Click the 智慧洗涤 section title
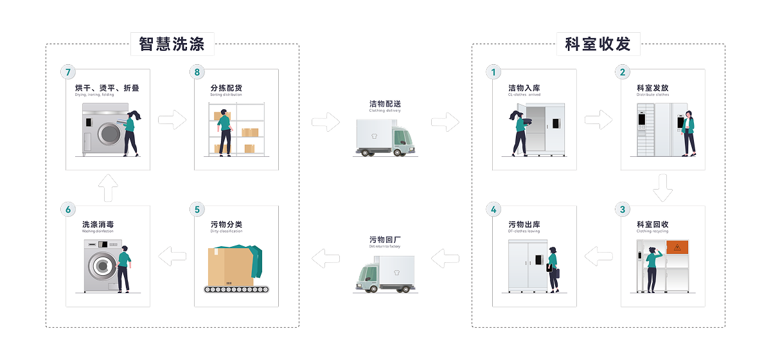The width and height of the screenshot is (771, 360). [x=172, y=44]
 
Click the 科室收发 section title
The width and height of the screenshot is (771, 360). [x=598, y=44]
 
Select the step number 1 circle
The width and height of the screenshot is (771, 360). [x=493, y=72]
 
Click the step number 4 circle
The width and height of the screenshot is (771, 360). [x=493, y=209]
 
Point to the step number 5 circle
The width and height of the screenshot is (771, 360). [x=197, y=209]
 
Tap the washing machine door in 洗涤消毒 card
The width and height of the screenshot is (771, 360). [x=101, y=265]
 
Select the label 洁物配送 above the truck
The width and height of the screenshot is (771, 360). [x=385, y=104]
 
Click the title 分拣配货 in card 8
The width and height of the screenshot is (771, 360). [x=226, y=88]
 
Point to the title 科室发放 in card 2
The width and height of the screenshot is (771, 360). [x=652, y=88]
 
